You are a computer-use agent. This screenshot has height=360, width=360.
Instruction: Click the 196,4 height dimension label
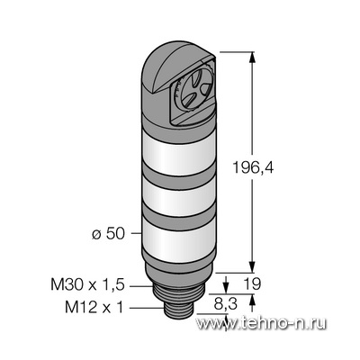coord(253,167)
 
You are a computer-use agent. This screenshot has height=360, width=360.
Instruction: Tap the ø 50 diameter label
coord(108,234)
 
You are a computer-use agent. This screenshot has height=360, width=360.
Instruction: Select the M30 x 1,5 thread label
coord(87,284)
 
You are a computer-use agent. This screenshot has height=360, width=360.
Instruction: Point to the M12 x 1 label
coord(94,307)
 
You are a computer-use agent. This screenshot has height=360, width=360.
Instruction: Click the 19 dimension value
coord(252,283)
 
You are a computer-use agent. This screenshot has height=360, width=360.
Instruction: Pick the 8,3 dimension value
coord(225,304)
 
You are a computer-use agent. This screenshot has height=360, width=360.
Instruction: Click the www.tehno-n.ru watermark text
coord(261,323)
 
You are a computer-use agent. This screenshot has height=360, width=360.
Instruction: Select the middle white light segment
coord(179,195)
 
